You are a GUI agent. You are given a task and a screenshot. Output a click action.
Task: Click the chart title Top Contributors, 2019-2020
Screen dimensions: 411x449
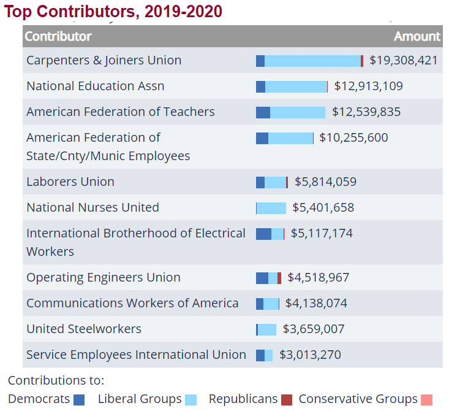point(113,11)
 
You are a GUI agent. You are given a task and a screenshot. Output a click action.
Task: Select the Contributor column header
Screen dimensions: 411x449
point(58,36)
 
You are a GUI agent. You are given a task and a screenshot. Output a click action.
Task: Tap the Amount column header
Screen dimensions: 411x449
point(417,36)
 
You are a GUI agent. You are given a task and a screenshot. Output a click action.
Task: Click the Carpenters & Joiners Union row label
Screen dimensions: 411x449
point(104,60)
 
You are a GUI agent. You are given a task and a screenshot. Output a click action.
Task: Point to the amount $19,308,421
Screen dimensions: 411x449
point(403,60)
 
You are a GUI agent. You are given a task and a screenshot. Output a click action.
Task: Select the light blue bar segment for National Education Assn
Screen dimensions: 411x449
point(296,86)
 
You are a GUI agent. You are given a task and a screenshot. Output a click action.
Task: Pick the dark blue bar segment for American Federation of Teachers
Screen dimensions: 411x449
point(263,112)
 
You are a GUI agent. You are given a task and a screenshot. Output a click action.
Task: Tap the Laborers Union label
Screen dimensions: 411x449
point(70,182)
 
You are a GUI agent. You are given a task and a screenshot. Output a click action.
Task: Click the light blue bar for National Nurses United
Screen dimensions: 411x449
point(271,208)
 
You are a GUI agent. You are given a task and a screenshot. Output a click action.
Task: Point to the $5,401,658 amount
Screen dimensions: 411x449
point(323,207)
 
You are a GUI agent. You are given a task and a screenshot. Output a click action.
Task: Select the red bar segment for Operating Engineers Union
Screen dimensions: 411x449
point(279,278)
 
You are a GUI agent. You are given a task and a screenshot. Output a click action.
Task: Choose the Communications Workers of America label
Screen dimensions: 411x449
point(132,303)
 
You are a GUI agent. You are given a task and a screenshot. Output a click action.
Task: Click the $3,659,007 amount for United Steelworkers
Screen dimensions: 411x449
point(313,329)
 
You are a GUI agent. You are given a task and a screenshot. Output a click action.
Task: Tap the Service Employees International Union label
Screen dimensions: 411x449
point(136,355)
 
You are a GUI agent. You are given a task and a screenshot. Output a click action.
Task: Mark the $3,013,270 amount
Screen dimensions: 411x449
point(310,355)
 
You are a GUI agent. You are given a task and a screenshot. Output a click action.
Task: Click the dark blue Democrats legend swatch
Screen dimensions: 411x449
point(79,400)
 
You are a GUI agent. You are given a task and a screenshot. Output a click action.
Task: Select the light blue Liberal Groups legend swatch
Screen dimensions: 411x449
point(191,400)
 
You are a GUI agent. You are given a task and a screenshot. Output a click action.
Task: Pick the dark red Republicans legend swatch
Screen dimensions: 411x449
point(287,400)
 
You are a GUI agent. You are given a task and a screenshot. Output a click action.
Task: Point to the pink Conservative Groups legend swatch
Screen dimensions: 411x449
point(426,400)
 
